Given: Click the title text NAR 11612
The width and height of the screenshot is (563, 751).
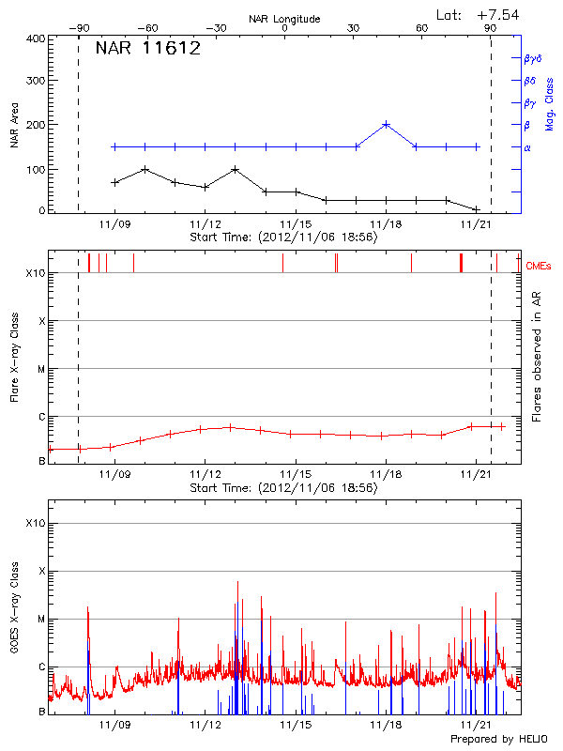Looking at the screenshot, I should [148, 49].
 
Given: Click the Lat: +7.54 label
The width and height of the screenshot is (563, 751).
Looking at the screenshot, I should [479, 13].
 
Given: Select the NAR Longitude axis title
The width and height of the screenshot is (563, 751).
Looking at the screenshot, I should [284, 19].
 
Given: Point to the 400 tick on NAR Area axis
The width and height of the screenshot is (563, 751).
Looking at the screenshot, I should [37, 38].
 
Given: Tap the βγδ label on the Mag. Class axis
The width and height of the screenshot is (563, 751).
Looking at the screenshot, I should [532, 58].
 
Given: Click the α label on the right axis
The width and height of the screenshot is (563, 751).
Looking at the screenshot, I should [527, 147].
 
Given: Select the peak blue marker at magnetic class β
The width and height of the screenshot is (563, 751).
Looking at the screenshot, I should [386, 124].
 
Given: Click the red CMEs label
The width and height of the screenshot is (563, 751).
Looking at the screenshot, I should [539, 267].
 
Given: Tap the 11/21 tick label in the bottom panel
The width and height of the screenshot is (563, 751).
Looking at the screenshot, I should [477, 725].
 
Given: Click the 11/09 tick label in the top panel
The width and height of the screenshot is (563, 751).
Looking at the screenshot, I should [114, 224].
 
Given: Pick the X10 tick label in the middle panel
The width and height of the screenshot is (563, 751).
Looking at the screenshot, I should [36, 273].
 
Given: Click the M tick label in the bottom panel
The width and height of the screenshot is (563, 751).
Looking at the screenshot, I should [41, 620].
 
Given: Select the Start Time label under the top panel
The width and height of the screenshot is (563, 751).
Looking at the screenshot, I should [283, 238].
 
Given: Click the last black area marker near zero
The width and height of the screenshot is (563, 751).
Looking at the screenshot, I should [477, 209].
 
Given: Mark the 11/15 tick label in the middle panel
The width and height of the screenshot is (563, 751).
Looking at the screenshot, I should [295, 475].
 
